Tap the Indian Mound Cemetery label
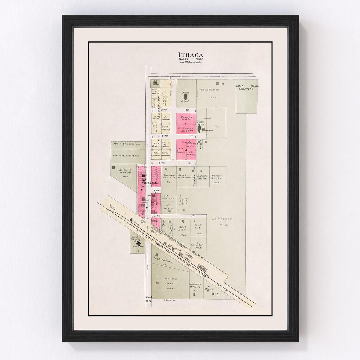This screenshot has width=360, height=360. pos(246,88)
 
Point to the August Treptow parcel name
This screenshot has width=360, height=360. pos(211,90)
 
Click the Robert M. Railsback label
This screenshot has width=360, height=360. pos(127,156)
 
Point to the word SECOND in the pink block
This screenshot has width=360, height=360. pos(187,131)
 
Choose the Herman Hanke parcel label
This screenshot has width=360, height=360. pos(217,177)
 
